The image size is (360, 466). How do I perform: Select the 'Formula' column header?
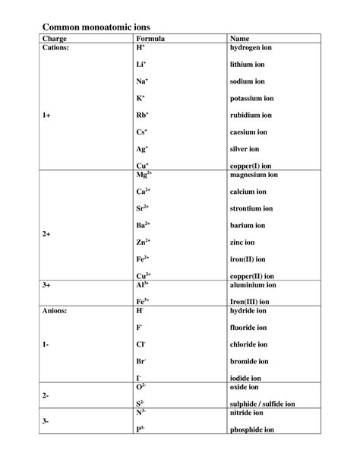point(150,37)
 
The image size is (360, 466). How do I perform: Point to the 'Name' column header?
point(239,37)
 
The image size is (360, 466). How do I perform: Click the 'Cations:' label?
point(58,47)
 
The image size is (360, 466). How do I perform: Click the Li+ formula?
point(141,65)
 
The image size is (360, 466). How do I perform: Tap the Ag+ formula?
point(142,150)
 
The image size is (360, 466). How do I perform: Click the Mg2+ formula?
point(144,175)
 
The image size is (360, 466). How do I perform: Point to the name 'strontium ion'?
point(252,208)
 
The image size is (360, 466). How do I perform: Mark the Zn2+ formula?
point(144,243)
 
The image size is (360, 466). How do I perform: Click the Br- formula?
point(141,361)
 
